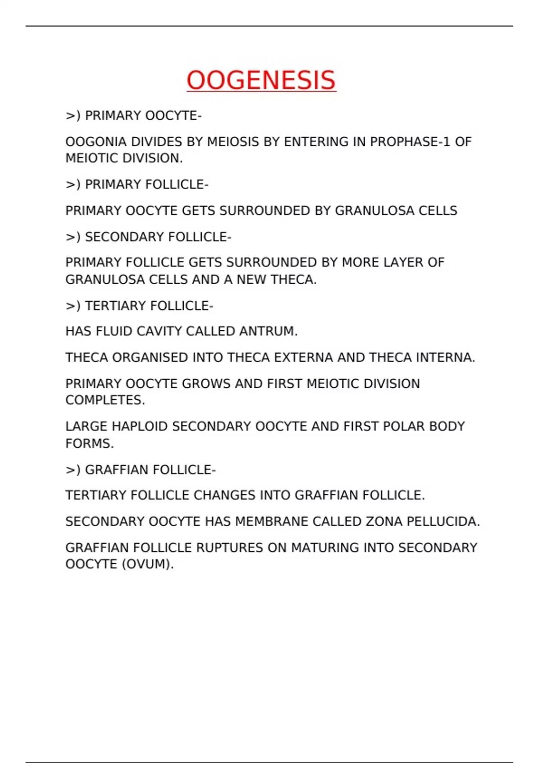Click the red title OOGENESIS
point(261,80)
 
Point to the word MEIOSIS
point(233,142)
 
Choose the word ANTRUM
point(268,331)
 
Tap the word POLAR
point(401,426)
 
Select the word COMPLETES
point(105,400)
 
